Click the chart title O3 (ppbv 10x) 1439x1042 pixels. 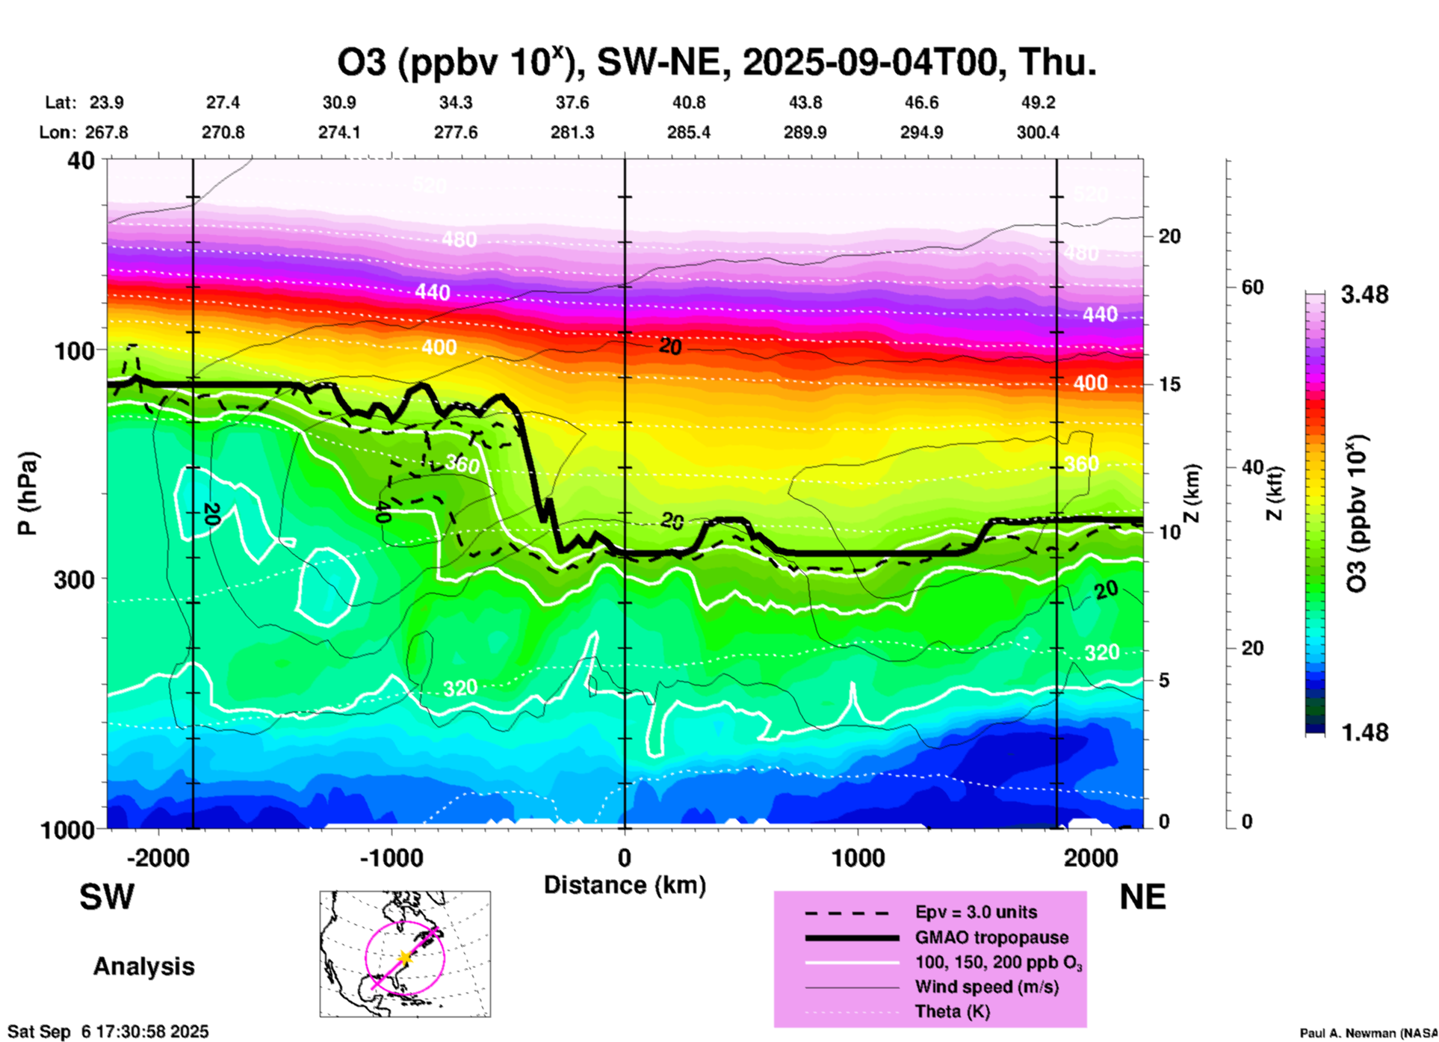pyautogui.click(x=716, y=63)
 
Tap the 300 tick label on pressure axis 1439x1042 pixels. pyautogui.click(x=75, y=579)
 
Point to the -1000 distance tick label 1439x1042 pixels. pyautogui.click(x=391, y=857)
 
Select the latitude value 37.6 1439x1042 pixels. pyautogui.click(x=572, y=102)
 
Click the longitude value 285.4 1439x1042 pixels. pyautogui.click(x=688, y=132)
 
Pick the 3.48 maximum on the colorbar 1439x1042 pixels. pyautogui.click(x=1364, y=295)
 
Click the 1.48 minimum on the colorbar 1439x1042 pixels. pyautogui.click(x=1364, y=733)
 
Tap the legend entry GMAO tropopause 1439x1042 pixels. pyautogui.click(x=991, y=937)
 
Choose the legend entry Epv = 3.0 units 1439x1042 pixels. pyautogui.click(x=976, y=912)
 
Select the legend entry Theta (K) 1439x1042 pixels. pyautogui.click(x=952, y=1011)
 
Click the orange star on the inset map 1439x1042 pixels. pyautogui.click(x=405, y=958)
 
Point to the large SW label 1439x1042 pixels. pyautogui.click(x=107, y=897)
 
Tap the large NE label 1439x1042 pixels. pyautogui.click(x=1142, y=897)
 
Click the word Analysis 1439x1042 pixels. pyautogui.click(x=143, y=967)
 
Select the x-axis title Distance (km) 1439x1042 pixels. pyautogui.click(x=625, y=885)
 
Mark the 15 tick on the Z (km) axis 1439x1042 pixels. pyautogui.click(x=1169, y=384)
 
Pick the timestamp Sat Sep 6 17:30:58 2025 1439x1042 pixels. pyautogui.click(x=108, y=1032)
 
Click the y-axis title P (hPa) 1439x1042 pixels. pyautogui.click(x=28, y=493)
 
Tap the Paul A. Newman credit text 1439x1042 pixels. pyautogui.click(x=1368, y=1033)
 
